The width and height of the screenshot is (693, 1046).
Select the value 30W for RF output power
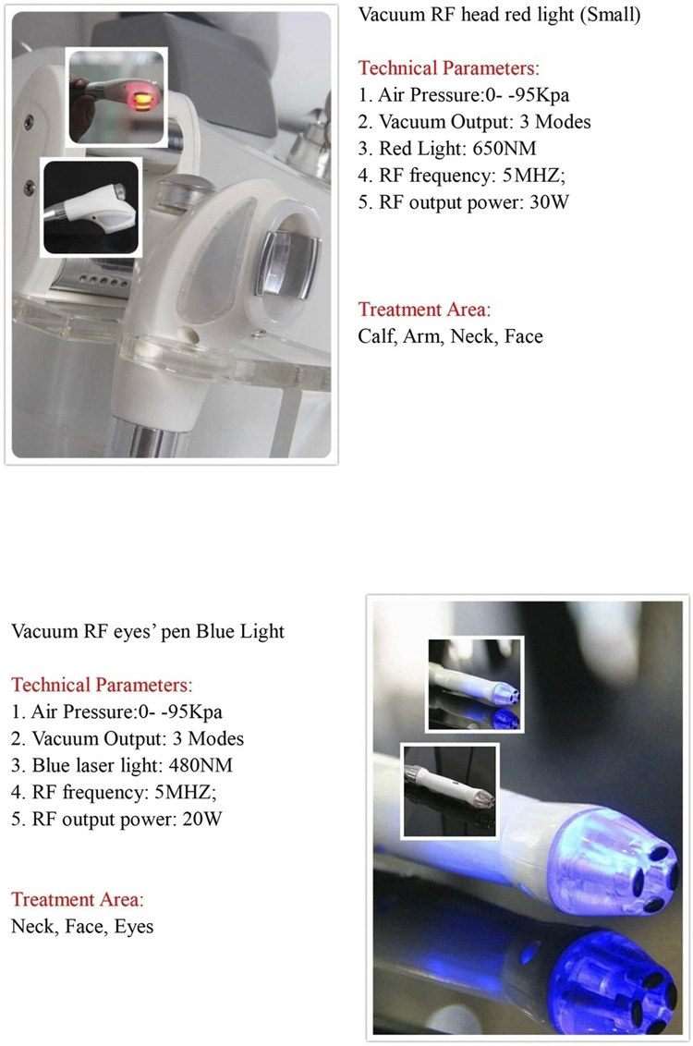548,201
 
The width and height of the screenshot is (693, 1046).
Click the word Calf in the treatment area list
375,336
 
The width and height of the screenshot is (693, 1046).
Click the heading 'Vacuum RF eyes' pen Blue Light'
148,632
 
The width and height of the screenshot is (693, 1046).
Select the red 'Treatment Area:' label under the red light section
424,310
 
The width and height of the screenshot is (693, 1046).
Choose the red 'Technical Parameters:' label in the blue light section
101,686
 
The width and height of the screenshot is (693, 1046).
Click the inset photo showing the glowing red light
116,98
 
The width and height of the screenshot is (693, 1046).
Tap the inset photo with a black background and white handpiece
91,207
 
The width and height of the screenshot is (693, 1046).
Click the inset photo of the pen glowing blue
474,685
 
